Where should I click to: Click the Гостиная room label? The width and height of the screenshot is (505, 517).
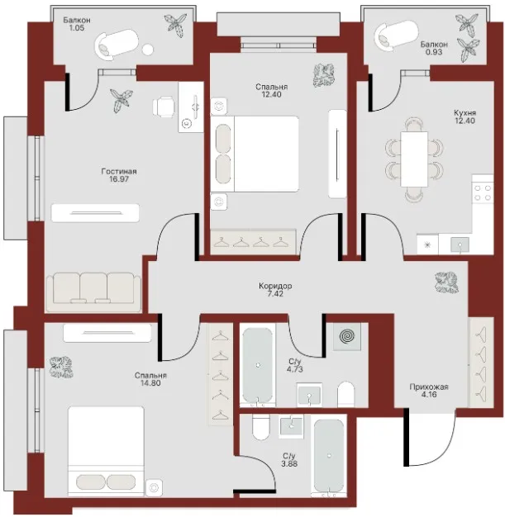click(x=119, y=172)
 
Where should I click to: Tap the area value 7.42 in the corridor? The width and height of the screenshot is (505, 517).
click(x=275, y=294)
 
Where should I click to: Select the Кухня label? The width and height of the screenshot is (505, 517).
click(x=465, y=113)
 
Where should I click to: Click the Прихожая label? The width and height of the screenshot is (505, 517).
click(x=429, y=387)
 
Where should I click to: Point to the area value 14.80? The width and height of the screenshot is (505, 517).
click(x=150, y=383)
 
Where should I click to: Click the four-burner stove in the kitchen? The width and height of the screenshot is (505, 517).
click(x=483, y=193)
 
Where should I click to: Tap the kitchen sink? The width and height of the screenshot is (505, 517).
click(x=460, y=244)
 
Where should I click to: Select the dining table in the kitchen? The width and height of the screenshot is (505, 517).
click(x=414, y=159)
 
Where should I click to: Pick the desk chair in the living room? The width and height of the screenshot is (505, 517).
click(x=164, y=107)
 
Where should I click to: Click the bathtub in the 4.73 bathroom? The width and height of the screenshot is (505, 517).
click(x=258, y=365)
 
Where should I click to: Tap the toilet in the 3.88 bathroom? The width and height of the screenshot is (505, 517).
click(x=260, y=427)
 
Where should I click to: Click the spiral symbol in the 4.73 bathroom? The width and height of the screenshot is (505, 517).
click(x=347, y=336)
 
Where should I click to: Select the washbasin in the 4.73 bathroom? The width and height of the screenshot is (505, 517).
click(x=309, y=395)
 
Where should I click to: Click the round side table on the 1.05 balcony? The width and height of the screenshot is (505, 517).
click(x=148, y=50)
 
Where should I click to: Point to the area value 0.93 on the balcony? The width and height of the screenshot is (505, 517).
click(x=434, y=52)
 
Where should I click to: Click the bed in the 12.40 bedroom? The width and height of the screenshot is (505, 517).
click(x=255, y=154)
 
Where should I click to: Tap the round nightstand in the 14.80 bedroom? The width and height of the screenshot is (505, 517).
click(x=154, y=487)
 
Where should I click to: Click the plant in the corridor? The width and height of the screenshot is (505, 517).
click(x=446, y=282)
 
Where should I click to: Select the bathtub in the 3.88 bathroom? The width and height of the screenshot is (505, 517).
click(x=329, y=457)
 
